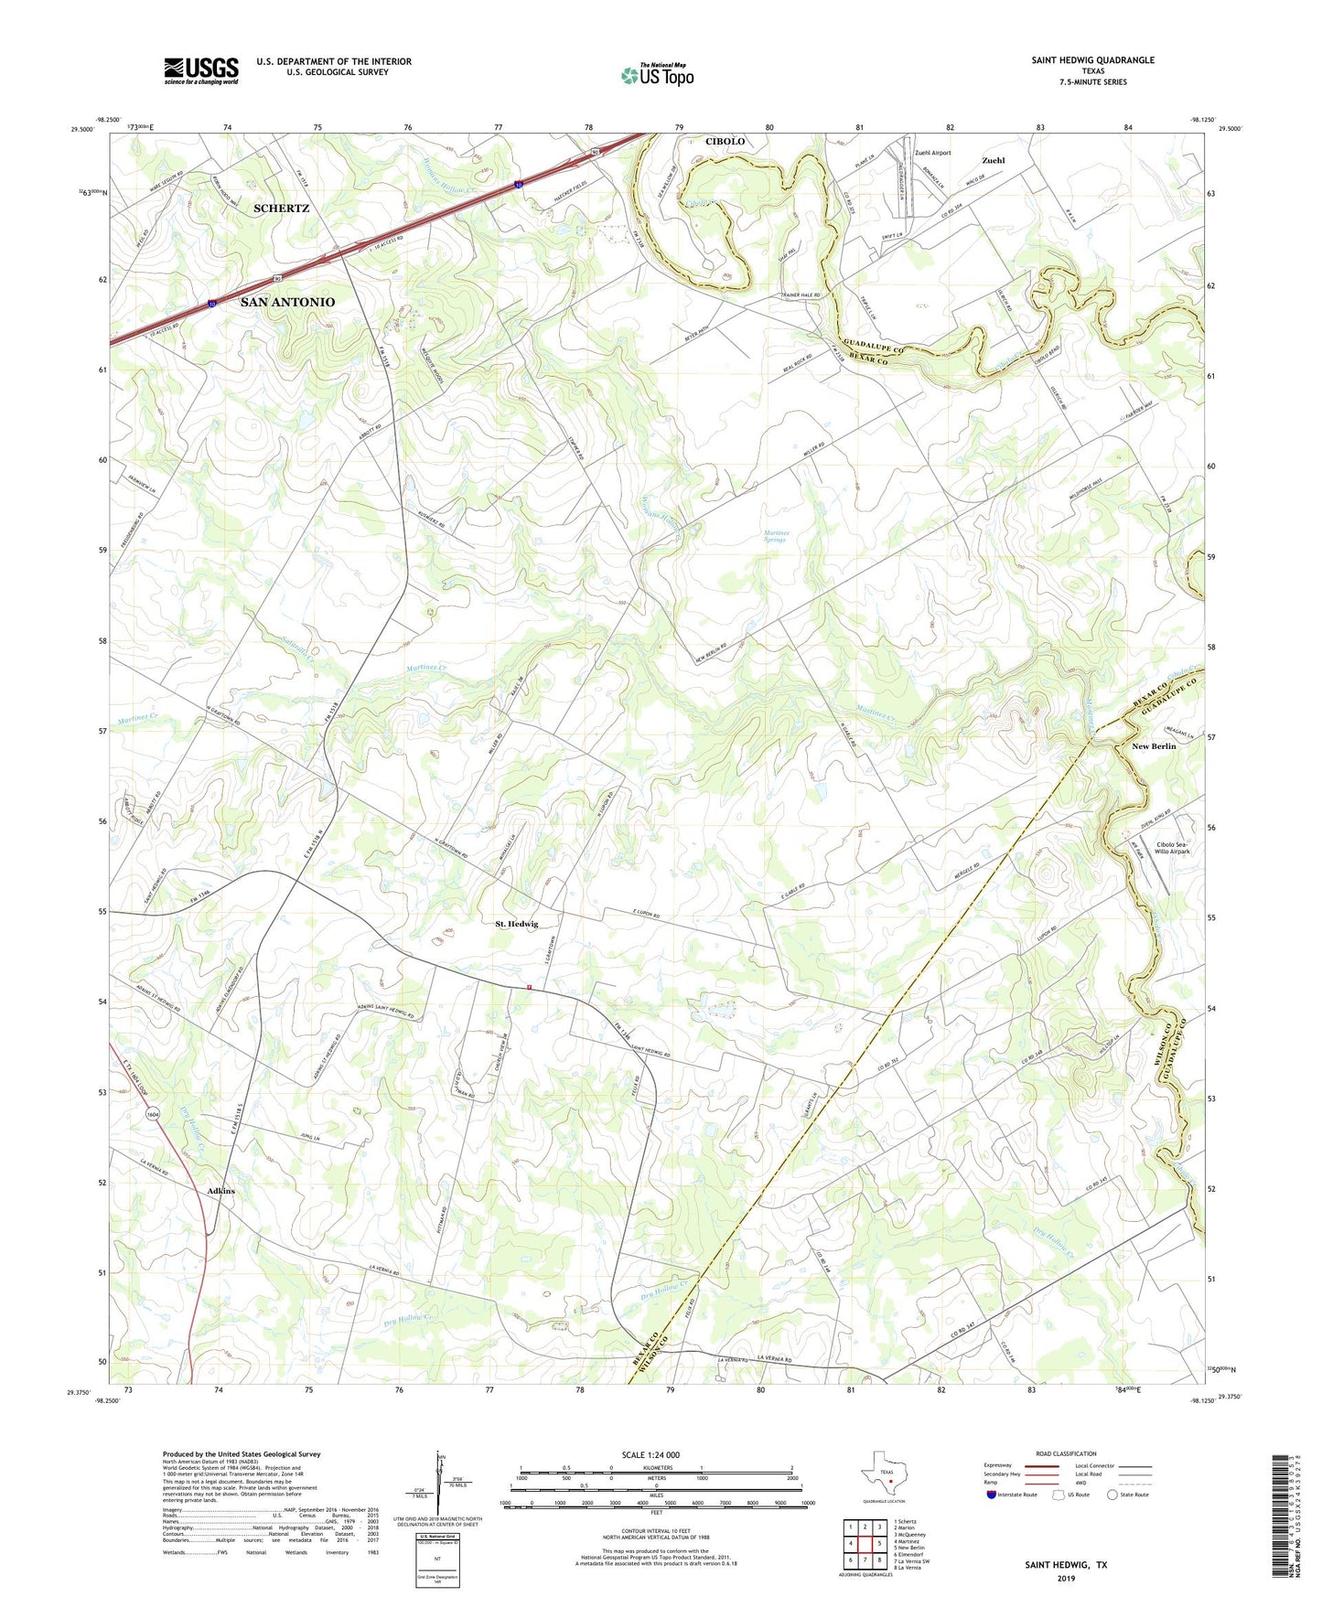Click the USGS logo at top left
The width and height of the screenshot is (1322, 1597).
coord(201,70)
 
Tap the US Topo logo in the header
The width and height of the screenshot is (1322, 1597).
coord(657,75)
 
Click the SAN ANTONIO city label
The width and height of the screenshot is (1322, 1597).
coord(287,302)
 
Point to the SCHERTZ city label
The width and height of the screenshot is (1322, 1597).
coord(281,209)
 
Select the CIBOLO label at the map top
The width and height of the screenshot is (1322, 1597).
coord(725,142)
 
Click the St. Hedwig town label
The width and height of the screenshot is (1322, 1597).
coord(517,924)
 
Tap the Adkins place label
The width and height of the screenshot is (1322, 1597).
coord(220,1191)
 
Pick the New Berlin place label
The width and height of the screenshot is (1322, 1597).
coord(1154,746)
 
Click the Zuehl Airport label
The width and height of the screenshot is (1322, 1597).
coord(932,153)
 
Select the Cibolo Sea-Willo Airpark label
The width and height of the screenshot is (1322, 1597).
coord(1173,848)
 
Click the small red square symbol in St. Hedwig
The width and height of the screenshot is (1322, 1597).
coord(529,987)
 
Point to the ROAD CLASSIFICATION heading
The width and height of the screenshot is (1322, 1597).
coord(1066,1453)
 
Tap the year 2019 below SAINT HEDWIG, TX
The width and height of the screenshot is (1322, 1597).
coord(1065,1579)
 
